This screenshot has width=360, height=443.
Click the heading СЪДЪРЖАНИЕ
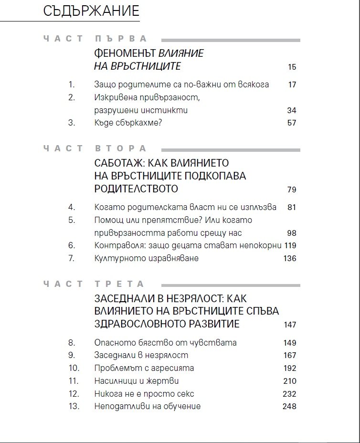(x=91, y=11)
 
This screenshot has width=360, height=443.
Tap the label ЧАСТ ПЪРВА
(x=95, y=39)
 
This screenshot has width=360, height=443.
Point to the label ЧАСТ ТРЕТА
(x=94, y=284)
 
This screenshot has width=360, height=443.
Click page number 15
(x=292, y=67)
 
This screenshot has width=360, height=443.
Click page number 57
(x=292, y=123)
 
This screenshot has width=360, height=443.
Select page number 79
(x=292, y=190)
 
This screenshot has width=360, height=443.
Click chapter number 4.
(x=72, y=208)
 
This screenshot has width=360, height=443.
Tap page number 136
(x=290, y=259)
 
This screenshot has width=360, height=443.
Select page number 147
(x=290, y=325)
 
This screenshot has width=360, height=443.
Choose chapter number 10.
(x=73, y=368)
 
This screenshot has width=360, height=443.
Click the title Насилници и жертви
(x=137, y=381)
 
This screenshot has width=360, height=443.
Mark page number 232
(x=289, y=394)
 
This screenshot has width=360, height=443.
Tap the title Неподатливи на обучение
(x=148, y=406)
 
